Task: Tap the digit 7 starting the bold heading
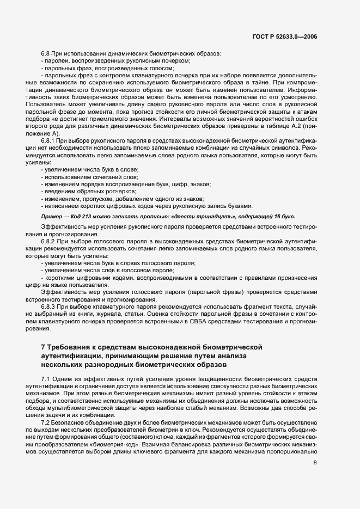coord(43,347)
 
